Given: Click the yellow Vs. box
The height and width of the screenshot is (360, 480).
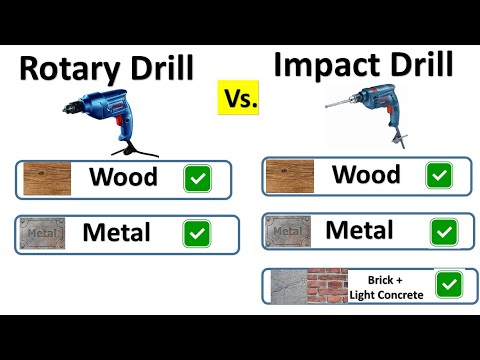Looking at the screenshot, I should click(x=240, y=99).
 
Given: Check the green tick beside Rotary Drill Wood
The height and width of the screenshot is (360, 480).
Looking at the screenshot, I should click(x=198, y=179).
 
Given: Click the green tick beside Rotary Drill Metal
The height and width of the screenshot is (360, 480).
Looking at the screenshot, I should click(x=198, y=234).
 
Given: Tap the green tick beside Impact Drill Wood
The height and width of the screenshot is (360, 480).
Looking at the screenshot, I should click(x=439, y=176).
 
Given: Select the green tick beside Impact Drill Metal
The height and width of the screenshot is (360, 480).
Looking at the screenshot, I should click(x=439, y=232).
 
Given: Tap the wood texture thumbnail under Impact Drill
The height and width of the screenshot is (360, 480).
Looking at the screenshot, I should click(x=289, y=176).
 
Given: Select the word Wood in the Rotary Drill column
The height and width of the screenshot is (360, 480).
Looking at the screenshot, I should click(x=123, y=178).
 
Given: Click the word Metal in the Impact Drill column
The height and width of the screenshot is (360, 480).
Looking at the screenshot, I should click(x=360, y=231).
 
